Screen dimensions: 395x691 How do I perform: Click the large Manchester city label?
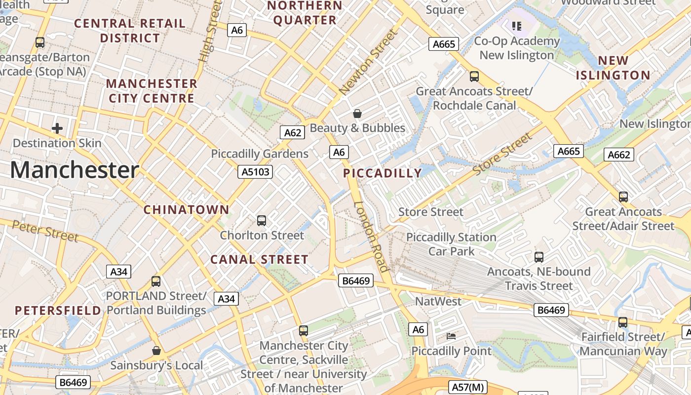75,170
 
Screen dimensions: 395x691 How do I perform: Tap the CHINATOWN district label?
187,209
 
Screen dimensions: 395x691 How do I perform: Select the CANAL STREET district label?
259,259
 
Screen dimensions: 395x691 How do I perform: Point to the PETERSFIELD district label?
58,311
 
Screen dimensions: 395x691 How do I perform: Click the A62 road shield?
293,132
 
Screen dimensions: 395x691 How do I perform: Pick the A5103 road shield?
255,171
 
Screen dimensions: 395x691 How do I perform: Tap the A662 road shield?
619,155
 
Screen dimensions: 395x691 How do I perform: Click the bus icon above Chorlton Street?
262,221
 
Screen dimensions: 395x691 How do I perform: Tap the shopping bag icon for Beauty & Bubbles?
357,114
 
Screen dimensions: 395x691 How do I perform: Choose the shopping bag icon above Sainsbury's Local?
156,351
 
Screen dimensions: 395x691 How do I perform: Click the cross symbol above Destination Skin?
57,129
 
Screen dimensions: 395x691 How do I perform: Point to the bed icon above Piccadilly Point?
451,336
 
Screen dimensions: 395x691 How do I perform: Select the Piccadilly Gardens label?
260,154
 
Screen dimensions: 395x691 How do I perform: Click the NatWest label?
438,301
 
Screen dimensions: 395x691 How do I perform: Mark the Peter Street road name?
45,231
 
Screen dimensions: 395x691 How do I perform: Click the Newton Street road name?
368,62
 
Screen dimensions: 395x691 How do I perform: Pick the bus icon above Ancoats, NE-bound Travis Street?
539,257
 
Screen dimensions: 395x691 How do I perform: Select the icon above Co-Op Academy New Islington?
517,26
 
